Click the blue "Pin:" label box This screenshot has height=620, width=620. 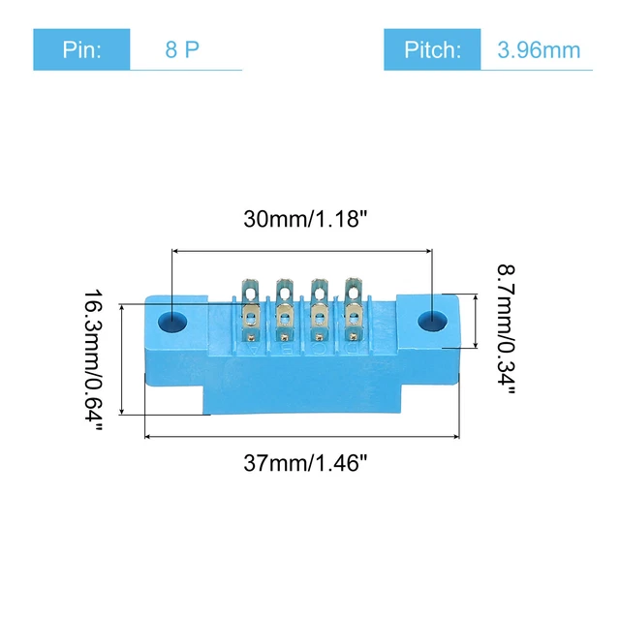[x=81, y=49]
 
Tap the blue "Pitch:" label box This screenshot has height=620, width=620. [x=432, y=49]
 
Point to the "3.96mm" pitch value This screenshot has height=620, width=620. [x=540, y=49]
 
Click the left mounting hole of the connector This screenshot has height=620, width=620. [x=174, y=320]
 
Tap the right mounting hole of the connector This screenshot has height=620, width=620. [x=430, y=321]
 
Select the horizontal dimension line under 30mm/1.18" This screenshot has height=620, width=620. [x=301, y=250]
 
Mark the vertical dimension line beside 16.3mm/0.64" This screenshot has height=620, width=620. [x=122, y=358]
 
